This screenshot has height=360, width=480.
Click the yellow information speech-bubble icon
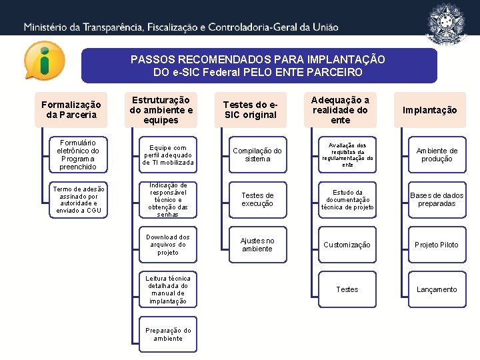45,61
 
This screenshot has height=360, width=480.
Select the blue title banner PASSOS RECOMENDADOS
258,65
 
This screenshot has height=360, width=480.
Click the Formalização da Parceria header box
71,110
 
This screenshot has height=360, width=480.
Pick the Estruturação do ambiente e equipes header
161,110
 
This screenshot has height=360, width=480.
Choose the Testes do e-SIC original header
250,110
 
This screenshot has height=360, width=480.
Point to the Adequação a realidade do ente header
340,110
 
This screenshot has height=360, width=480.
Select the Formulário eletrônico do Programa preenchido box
78,155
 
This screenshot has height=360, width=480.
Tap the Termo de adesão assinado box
78,199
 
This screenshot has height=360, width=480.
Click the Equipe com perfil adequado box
168,155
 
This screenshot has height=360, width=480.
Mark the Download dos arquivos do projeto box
168,245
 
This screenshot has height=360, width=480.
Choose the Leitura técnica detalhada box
168,290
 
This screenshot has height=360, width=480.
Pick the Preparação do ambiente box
168,334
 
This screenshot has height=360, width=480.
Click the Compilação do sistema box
257,155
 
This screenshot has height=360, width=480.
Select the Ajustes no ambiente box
257,245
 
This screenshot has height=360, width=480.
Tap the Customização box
347,245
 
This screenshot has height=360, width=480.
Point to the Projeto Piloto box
437,245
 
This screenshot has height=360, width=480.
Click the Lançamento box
437,289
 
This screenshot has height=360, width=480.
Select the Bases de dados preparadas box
437,199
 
